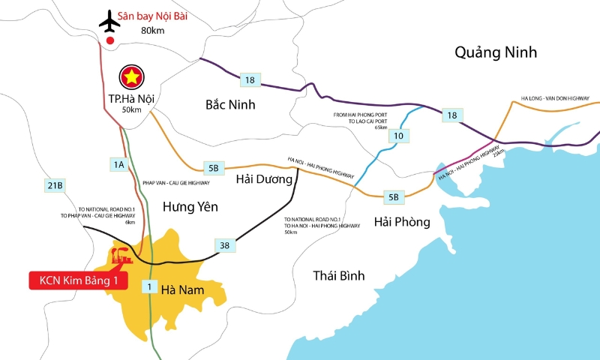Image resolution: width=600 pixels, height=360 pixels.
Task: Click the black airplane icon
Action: point(109,21)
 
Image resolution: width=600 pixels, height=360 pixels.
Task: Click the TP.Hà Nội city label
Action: point(132,100)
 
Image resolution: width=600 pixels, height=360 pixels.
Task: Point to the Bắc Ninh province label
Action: point(230,104)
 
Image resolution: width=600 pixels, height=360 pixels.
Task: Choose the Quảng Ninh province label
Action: point(496,52)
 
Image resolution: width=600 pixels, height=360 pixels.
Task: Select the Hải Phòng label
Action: point(402,222)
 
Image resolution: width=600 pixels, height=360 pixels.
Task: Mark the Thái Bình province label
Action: point(339,276)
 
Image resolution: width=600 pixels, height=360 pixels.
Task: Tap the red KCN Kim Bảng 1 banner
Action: point(79,281)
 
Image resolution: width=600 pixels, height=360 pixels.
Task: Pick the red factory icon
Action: point(122,255)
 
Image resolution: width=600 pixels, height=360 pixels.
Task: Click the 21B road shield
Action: point(55,185)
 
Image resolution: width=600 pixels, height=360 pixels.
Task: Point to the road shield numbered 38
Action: point(223,245)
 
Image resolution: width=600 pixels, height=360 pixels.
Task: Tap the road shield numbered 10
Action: point(398,136)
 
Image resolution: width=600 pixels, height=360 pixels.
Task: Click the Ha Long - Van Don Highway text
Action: point(555,98)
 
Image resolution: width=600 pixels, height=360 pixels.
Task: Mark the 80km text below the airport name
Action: point(151,30)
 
